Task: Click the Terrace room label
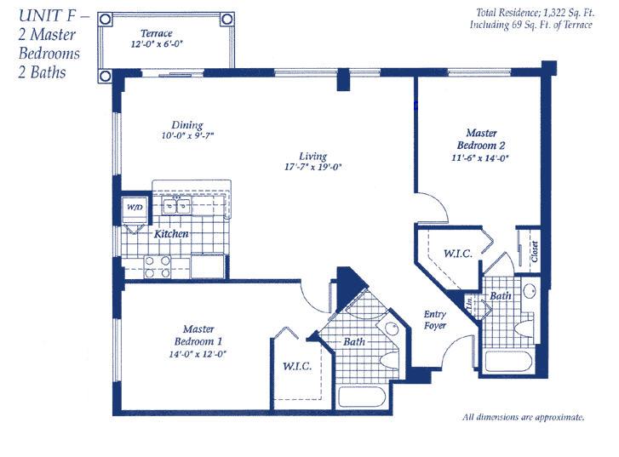(x=157, y=33)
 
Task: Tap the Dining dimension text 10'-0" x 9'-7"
(x=187, y=136)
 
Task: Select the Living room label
(x=312, y=157)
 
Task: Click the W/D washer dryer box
(x=135, y=208)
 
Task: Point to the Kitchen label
(x=171, y=234)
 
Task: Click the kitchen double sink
(x=176, y=206)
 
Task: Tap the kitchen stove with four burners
(x=158, y=266)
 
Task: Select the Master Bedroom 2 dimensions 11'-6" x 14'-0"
(x=480, y=158)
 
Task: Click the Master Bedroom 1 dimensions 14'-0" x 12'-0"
(x=198, y=354)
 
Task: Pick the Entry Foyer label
(x=434, y=320)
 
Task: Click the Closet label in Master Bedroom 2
(x=535, y=251)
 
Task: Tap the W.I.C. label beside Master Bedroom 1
(x=297, y=367)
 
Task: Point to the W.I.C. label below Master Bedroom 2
(x=458, y=254)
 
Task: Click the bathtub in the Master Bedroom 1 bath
(x=362, y=397)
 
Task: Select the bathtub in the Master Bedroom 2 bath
(x=509, y=362)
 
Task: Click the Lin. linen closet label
(x=470, y=303)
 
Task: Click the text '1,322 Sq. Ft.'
(x=569, y=13)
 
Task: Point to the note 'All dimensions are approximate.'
(x=523, y=418)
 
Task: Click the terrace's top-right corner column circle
(x=226, y=19)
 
